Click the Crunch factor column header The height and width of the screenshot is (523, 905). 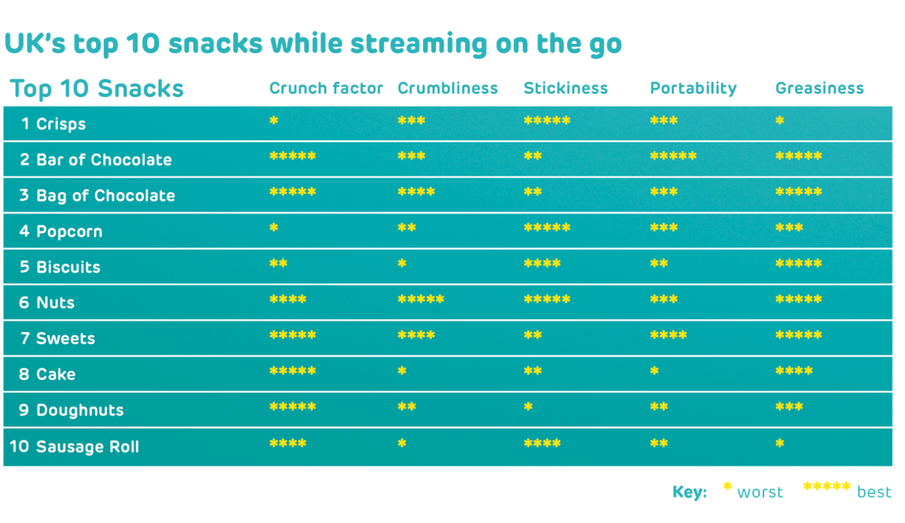[326, 88]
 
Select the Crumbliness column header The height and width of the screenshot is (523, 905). [448, 88]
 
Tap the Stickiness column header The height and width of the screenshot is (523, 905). [566, 88]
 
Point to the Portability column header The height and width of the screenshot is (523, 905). [693, 89]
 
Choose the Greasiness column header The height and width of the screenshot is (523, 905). [819, 88]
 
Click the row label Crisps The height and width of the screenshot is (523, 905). [61, 124]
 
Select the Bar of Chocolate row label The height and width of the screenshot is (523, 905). [104, 160]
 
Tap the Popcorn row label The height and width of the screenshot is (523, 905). [69, 232]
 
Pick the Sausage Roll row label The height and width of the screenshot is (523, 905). [87, 447]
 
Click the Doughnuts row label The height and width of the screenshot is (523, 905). [80, 411]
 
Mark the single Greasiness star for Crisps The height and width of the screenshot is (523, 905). [780, 120]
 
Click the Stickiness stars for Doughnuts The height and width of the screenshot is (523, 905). [528, 406]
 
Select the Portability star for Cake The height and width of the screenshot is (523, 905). [654, 371]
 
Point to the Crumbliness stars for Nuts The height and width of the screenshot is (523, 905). [420, 299]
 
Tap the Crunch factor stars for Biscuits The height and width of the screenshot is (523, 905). [278, 263]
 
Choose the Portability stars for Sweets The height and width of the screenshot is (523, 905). [668, 335]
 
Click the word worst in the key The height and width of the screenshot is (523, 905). [760, 492]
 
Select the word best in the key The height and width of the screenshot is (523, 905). [874, 492]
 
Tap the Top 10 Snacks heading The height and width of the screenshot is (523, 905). [97, 89]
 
